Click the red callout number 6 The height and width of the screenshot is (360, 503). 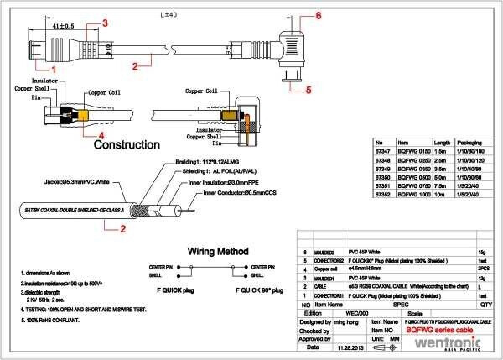tap(318, 16)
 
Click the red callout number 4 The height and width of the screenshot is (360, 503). tap(101, 134)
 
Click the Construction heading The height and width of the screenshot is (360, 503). tap(127, 144)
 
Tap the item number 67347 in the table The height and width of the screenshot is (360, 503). tap(384, 153)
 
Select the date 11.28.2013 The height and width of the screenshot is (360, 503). tap(349, 347)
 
